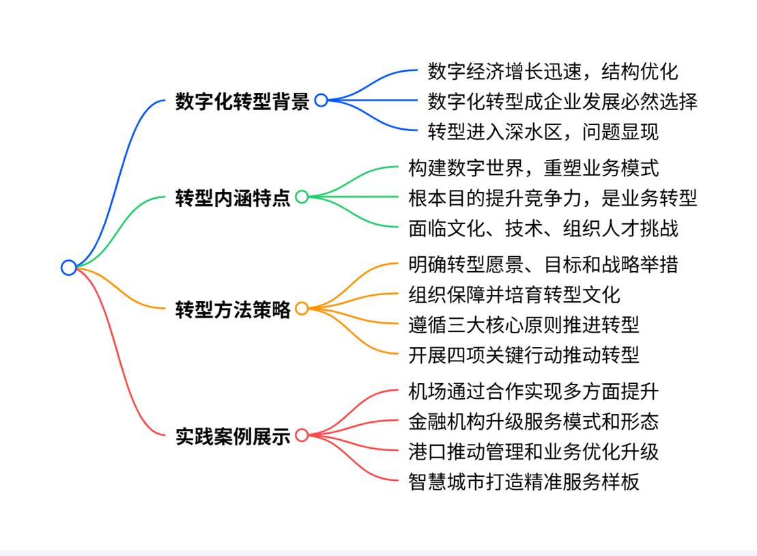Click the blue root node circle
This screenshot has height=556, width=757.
tap(68, 267)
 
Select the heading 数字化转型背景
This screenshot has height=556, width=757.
tap(242, 101)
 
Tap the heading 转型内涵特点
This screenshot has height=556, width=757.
tap(233, 198)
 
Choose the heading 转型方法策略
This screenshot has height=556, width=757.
tap(233, 309)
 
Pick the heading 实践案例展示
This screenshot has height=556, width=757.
tap(233, 436)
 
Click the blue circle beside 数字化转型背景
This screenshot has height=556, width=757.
tap(321, 100)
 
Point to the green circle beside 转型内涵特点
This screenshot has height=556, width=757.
tap(302, 197)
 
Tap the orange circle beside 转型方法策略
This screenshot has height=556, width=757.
tap(302, 309)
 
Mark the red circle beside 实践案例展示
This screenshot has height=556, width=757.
tap(302, 435)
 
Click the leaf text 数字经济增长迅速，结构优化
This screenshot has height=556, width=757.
tap(553, 71)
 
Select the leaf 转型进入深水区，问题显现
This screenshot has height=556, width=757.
tap(543, 131)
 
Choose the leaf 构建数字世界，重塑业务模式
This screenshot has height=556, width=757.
tap(534, 167)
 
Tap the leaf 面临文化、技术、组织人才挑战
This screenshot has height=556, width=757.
tap(543, 228)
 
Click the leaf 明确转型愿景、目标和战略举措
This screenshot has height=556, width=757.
tap(543, 264)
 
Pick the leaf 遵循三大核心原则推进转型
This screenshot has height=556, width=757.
tap(524, 324)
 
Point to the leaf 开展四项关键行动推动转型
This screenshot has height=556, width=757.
tap(524, 355)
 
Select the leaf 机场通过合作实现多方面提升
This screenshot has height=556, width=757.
tap(534, 391)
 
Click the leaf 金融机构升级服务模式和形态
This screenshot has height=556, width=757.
tap(534, 421)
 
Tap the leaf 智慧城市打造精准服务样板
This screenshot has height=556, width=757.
tap(524, 482)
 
